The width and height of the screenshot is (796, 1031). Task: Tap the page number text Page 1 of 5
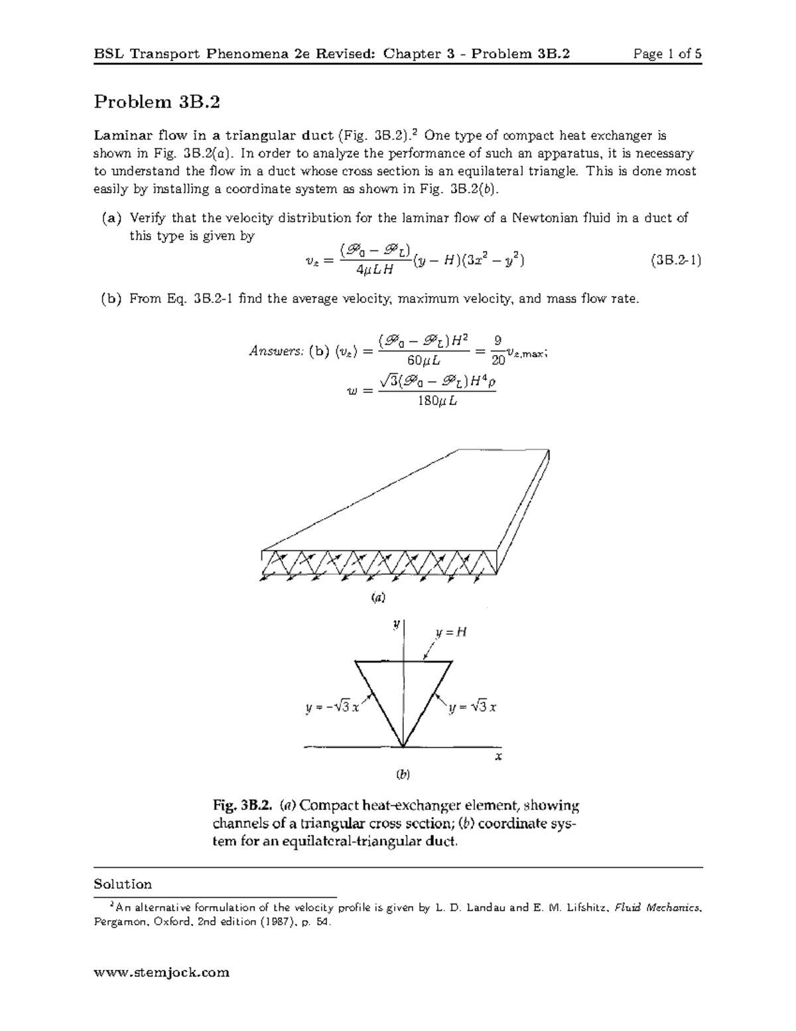pos(667,54)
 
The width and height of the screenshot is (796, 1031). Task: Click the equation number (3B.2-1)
pos(675,260)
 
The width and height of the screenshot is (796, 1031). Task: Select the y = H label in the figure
pos(452,632)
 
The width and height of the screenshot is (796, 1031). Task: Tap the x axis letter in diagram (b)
pos(498,755)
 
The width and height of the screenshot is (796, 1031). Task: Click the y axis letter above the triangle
pos(395,624)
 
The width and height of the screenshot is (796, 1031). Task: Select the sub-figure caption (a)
pos(377,597)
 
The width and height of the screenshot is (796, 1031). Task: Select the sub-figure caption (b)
pos(403,774)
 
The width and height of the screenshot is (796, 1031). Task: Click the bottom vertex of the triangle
pos(403,747)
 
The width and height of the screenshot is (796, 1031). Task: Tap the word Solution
pos(123,884)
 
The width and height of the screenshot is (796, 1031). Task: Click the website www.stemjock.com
pos(162,973)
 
